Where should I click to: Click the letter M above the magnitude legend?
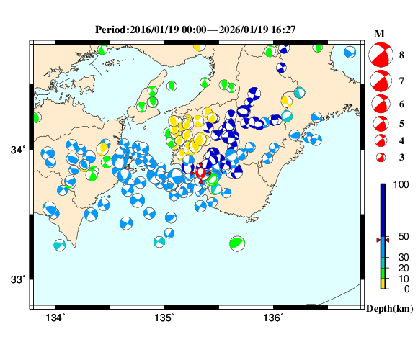coord(380,34)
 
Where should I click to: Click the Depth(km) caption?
coord(388,308)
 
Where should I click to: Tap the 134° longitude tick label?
coord(55,318)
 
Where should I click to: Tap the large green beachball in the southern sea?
coord(236,243)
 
